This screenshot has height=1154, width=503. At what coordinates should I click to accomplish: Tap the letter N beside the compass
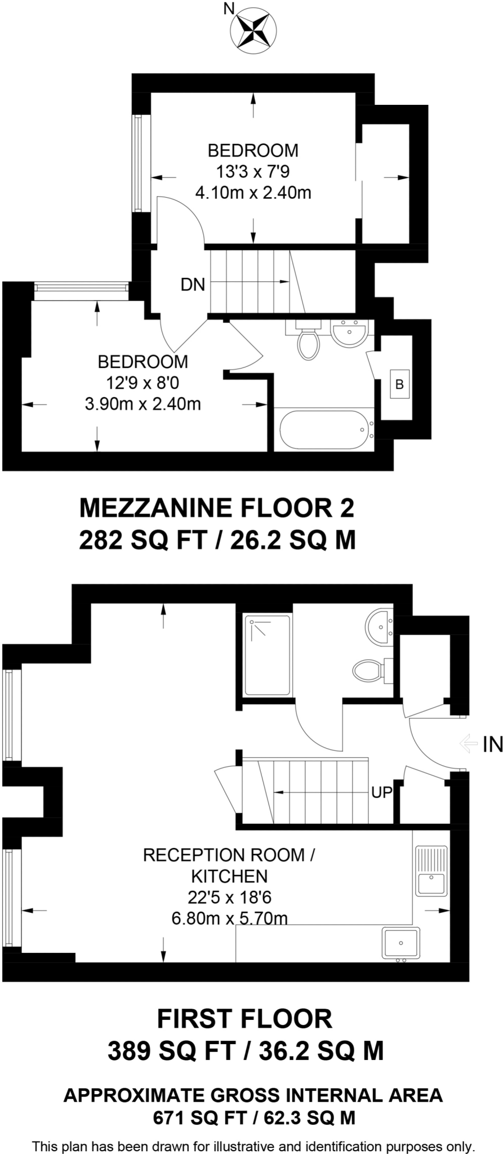click(229, 8)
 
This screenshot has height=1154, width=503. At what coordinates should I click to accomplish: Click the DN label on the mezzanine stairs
click(193, 285)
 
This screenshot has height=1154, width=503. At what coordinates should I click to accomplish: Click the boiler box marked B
click(400, 385)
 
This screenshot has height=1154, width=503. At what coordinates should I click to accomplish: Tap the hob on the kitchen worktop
click(401, 943)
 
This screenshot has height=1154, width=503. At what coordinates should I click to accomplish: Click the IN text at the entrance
click(492, 745)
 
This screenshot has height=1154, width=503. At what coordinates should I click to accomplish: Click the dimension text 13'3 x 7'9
click(253, 171)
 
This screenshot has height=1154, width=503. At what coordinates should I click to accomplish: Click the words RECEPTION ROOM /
click(229, 855)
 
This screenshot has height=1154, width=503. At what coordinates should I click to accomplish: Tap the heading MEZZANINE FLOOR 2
click(217, 508)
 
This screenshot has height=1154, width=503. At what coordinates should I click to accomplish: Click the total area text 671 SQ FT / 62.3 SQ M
click(253, 1118)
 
